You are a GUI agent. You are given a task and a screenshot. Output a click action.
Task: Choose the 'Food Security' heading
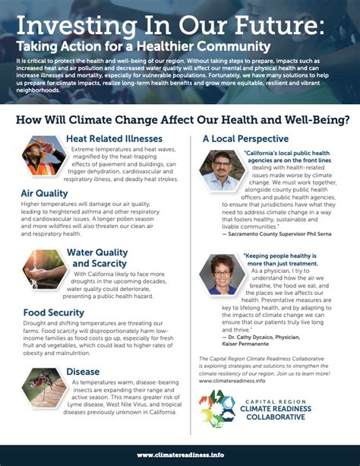[x=53, y=312]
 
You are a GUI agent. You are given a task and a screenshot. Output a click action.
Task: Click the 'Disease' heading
[x=83, y=372]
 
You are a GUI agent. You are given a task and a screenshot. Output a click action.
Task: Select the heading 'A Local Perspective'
[x=242, y=139]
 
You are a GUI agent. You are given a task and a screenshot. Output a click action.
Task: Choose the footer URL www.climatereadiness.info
[x=180, y=455]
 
